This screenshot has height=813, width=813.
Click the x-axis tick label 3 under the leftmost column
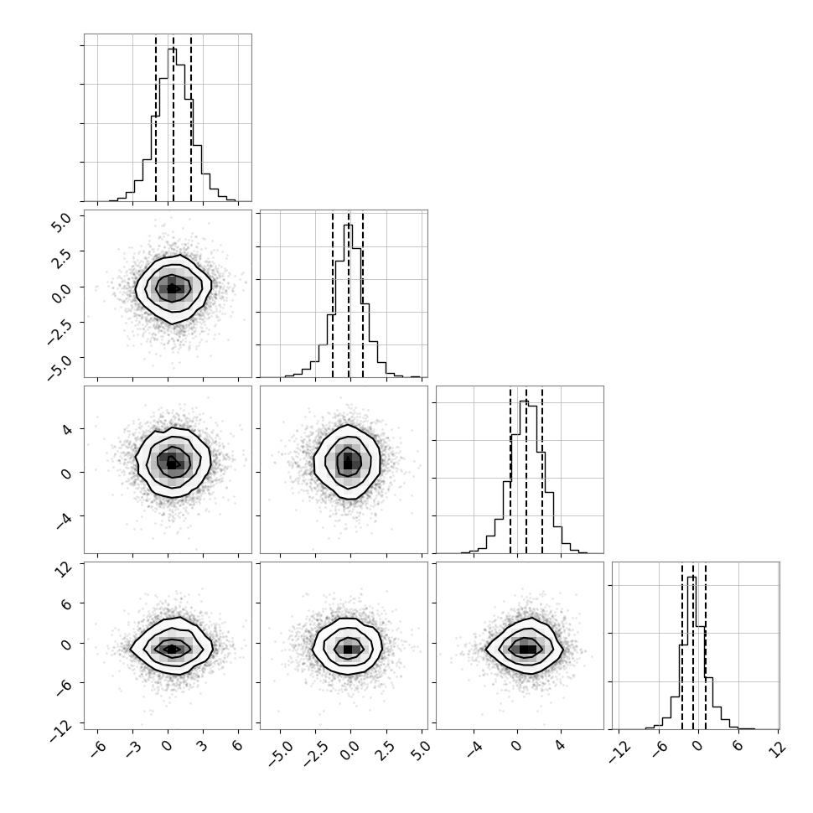pos(202,746)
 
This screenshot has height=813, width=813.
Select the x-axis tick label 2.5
pos(386,751)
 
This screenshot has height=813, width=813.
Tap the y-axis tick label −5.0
pos(59,365)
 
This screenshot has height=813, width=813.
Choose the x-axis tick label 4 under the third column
pos(560,746)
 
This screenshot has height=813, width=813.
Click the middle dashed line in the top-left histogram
pos(173,117)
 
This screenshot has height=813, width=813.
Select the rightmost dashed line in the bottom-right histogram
pos(705,645)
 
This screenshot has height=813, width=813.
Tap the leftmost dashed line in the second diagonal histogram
pos(333,294)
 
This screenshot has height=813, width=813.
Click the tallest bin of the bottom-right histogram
pos(691,653)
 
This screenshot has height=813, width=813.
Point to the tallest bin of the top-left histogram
pos(172,125)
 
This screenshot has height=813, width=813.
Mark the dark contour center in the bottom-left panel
pos(172,649)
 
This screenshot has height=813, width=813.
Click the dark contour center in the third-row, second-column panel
pos(348,461)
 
